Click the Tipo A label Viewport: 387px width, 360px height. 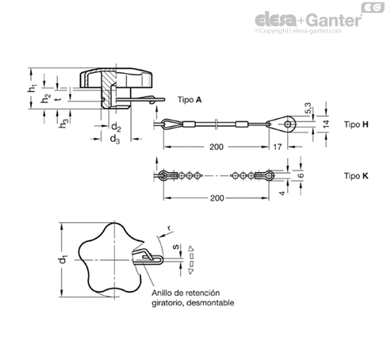point(190,100)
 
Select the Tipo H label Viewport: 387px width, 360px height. point(356,124)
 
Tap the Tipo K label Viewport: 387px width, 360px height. point(356,176)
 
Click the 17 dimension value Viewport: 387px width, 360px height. point(278,147)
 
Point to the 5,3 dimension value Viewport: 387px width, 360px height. point(308,109)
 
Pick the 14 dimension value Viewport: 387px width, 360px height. point(327,124)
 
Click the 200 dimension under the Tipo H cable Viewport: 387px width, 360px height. point(216,147)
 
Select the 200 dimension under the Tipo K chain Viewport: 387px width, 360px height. point(217,198)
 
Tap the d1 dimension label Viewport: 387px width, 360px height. point(63,260)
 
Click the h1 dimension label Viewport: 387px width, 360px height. point(32,88)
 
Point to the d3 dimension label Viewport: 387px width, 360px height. point(115,139)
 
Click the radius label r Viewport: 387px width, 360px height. point(168,228)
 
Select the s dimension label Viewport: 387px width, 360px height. point(175,247)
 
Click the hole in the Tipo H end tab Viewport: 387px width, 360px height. point(288,124)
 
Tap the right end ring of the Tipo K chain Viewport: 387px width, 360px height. point(270,175)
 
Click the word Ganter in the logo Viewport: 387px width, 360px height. point(334,20)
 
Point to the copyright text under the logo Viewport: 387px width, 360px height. point(298,31)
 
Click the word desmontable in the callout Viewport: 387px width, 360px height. point(210,303)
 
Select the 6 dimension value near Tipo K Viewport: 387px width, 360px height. point(301,175)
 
